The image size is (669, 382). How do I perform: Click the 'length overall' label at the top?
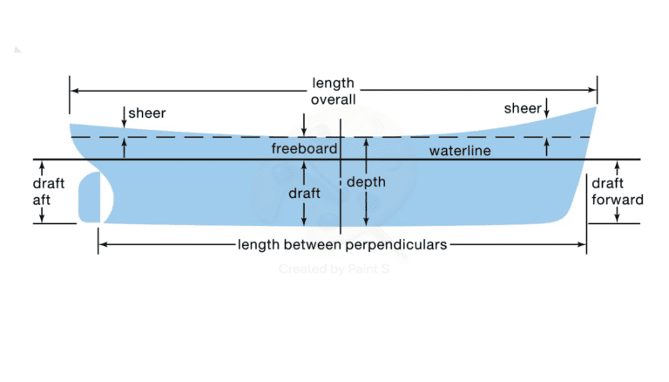click(334, 91)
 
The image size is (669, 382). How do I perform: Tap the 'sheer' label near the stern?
click(146, 113)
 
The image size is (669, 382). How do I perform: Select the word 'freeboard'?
click(304, 149)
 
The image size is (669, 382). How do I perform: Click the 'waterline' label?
click(460, 152)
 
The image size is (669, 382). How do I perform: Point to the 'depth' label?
click(366, 182)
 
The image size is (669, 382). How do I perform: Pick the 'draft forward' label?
click(617, 191)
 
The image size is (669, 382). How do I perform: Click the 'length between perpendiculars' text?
click(341, 245)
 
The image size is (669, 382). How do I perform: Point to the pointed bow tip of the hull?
click(597, 106)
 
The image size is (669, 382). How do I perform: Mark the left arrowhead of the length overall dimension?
click(73, 90)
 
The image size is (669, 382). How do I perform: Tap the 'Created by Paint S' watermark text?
click(333, 269)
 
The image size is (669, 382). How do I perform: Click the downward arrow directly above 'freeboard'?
click(303, 131)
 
